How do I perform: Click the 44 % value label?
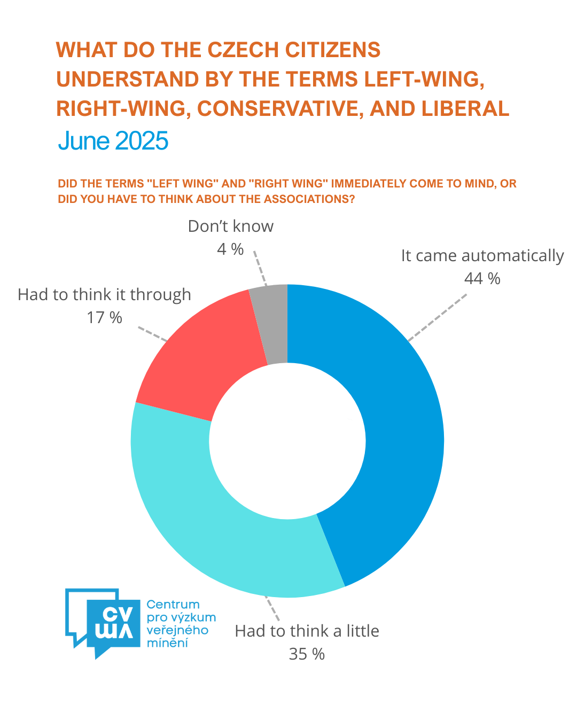pos(482,279)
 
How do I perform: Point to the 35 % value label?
pos(307,654)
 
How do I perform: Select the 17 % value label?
pos(104,318)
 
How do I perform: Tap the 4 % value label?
pos(230,249)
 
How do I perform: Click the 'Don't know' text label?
pos(230,226)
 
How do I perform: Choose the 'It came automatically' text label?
pos(482,256)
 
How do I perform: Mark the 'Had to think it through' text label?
pos(104,295)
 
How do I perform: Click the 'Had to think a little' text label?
pos(307,631)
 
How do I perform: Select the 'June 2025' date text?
pos(113,141)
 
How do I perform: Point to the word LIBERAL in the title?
pos(465,109)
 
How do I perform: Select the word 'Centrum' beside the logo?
pos(173,605)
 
